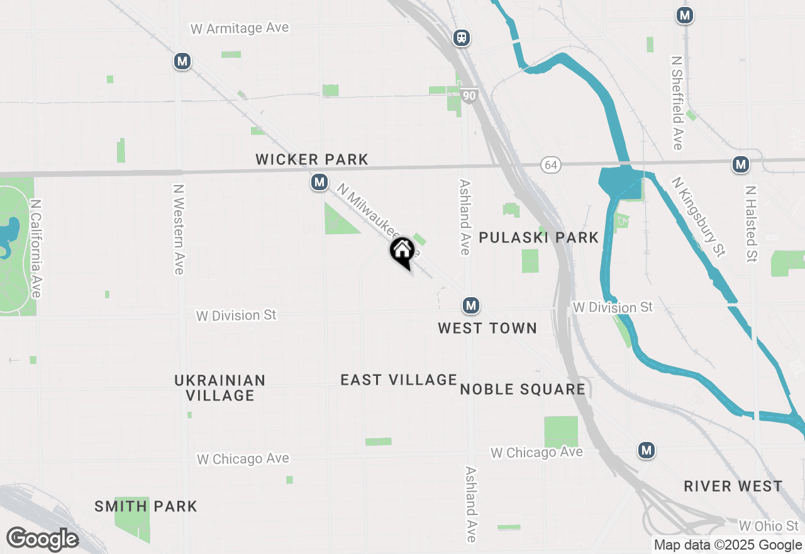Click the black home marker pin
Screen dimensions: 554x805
pos(402,252)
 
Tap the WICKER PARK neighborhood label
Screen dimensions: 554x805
pos(312,160)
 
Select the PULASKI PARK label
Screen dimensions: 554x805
pos(539,237)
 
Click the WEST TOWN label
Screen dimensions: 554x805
pos(487,328)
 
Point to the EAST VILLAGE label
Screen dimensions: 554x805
pos(399,380)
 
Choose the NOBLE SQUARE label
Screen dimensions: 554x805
pos(523,389)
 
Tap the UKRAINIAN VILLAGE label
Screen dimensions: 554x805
pos(220,388)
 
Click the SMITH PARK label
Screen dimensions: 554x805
pos(146,506)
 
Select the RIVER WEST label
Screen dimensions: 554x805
pos(733,486)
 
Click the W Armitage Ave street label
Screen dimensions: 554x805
pos(239,28)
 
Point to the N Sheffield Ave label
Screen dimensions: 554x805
pos(677,103)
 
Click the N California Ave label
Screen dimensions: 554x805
pos(36,249)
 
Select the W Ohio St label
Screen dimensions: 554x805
pos(769,526)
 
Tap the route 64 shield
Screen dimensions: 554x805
pos(551,165)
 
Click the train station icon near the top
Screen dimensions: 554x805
pos(462,38)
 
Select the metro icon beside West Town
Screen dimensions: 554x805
pos(471,306)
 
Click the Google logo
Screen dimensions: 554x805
pos(42,540)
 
